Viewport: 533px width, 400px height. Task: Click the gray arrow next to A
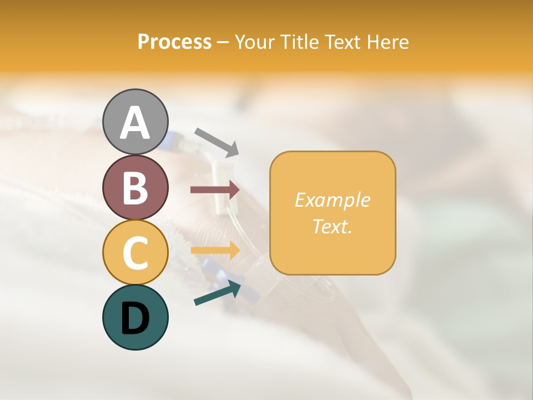click(x=217, y=142)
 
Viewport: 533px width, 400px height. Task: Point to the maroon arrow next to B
click(x=215, y=190)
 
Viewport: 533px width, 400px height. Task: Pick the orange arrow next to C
click(x=215, y=250)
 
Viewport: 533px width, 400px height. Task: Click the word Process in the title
click(x=174, y=42)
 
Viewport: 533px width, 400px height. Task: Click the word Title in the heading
click(x=300, y=42)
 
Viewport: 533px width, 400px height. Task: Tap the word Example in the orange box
click(x=332, y=200)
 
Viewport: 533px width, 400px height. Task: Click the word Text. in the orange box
click(x=332, y=226)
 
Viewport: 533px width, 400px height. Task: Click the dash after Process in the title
click(x=223, y=42)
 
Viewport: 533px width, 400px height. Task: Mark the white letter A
click(x=135, y=122)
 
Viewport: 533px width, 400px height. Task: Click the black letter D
click(x=135, y=318)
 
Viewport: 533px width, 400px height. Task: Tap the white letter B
click(x=135, y=188)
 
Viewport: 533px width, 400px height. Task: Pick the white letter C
click(x=135, y=253)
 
